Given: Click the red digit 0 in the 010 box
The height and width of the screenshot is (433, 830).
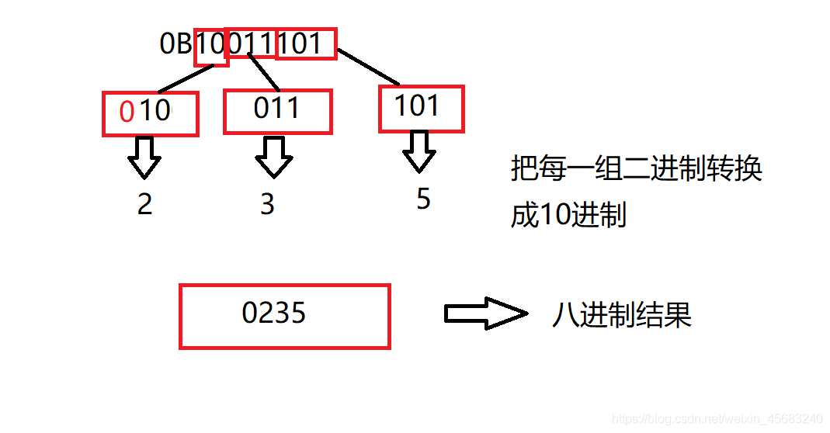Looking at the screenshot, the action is [x=127, y=112].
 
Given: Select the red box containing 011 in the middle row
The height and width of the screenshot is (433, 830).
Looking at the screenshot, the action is [x=277, y=110].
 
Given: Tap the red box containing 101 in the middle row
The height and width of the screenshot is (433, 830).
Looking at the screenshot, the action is [x=421, y=107].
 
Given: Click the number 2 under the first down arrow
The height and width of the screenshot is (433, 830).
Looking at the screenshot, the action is [x=144, y=203].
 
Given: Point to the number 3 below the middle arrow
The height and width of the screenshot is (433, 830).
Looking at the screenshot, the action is [x=267, y=204].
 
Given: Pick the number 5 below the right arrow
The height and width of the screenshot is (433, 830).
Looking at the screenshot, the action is [x=423, y=199].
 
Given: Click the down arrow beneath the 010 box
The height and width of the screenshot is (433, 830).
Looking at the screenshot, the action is [x=144, y=158].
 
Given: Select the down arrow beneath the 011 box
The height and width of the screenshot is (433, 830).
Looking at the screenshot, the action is [x=273, y=157].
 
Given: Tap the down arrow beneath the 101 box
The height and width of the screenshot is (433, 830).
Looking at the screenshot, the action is [x=419, y=151].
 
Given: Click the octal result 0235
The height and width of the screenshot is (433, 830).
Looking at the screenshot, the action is [x=274, y=313].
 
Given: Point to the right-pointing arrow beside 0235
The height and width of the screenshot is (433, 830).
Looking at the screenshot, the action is [x=484, y=313].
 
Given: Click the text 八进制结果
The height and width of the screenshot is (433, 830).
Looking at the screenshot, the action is [x=621, y=314].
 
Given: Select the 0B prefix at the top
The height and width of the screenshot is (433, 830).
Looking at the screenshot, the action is [x=176, y=44].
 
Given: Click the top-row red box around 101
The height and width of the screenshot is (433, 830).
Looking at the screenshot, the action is [x=306, y=43].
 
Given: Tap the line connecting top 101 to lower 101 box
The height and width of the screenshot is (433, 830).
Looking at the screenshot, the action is [x=369, y=68].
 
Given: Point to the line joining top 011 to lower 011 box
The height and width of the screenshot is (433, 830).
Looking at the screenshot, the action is [x=264, y=72].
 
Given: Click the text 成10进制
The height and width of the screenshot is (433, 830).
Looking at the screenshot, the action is [x=568, y=215].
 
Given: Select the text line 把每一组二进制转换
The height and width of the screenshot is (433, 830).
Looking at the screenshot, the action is [x=636, y=168].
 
